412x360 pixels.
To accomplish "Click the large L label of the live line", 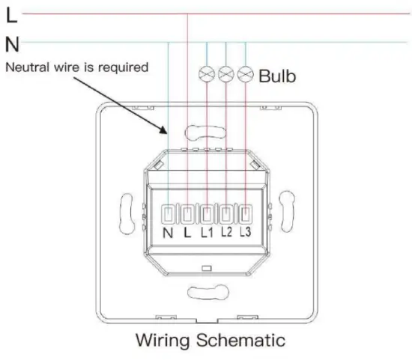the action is (12, 15).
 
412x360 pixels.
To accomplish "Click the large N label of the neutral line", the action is (12, 44).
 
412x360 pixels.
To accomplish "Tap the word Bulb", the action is (277, 76).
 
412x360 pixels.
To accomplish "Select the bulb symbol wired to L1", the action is (207, 74).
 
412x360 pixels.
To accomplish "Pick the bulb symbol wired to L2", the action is (226, 74).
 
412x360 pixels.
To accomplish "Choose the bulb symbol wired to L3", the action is (246, 74).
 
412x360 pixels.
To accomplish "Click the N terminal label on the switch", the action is (168, 233).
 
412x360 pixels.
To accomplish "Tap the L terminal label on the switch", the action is (187, 232).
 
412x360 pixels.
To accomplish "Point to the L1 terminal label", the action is (207, 232).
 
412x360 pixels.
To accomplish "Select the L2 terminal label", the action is (226, 231).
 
